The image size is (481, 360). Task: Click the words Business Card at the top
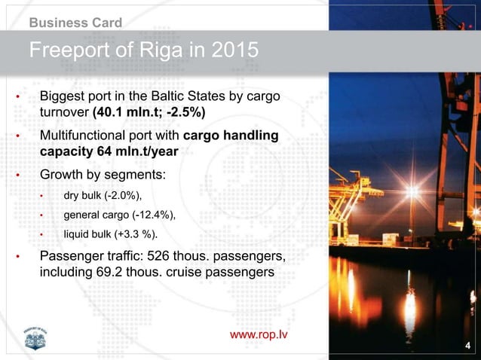[x=75, y=23]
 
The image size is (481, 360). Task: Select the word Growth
[x=63, y=176]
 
